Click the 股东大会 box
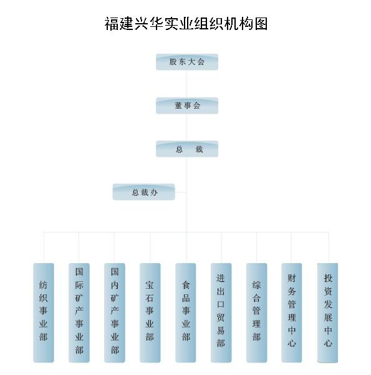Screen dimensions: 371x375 (187, 62)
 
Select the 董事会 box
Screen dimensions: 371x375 (187, 106)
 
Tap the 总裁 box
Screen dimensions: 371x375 (187, 149)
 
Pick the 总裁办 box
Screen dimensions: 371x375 (143, 192)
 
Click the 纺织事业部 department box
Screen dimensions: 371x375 (44, 312)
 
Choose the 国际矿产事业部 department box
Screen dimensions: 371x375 (79, 312)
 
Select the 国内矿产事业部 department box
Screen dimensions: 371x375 (115, 312)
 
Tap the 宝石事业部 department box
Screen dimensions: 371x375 (150, 312)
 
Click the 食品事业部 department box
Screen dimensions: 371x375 (186, 312)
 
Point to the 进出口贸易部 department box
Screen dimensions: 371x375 (221, 312)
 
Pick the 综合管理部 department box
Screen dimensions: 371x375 (256, 312)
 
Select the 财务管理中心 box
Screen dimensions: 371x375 (292, 312)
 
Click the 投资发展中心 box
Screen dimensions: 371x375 (327, 312)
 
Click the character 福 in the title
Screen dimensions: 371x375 (112, 24)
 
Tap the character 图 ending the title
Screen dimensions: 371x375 (261, 24)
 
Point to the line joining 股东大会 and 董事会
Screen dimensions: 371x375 (186, 84)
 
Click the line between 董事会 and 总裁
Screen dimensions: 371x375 (186, 127)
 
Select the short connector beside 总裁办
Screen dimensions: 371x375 (181, 192)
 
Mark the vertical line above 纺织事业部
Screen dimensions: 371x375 (44, 247)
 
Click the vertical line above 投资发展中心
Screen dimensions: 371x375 (329, 247)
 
